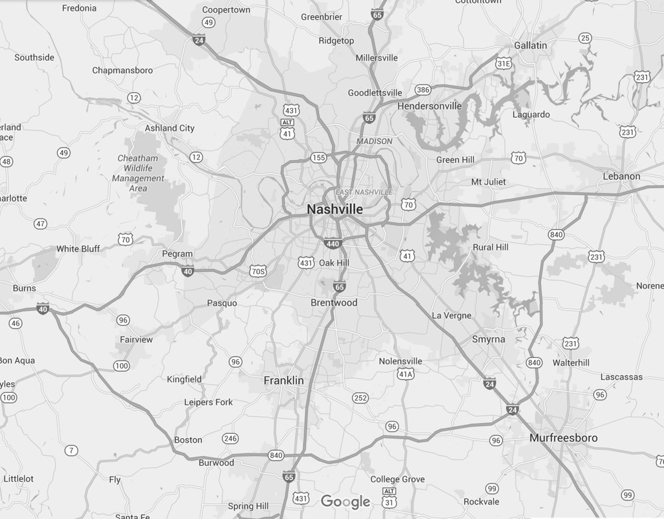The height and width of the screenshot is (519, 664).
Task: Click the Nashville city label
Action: coord(335,209)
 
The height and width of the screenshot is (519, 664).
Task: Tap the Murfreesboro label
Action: coord(563,438)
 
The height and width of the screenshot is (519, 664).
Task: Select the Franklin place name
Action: coord(284,380)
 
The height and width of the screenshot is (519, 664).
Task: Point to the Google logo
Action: coord(345,502)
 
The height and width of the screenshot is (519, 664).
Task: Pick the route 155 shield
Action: coord(319,157)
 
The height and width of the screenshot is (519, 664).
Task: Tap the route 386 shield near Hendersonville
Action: coord(423,90)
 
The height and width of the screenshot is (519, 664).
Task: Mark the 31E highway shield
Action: coord(504,64)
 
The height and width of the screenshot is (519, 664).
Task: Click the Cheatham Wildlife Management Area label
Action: coord(138,173)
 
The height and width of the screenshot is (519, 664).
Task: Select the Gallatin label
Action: coord(531,45)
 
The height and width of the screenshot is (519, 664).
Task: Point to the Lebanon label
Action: coord(622,176)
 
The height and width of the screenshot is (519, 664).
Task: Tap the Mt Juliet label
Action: coord(488,182)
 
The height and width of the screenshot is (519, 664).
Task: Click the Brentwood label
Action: coord(334,303)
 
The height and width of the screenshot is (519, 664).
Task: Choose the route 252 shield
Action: coord(360,398)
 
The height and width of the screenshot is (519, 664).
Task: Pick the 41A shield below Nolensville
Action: coord(406,374)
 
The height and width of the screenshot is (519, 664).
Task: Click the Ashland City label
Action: coord(169,128)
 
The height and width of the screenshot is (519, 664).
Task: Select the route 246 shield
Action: coord(230,439)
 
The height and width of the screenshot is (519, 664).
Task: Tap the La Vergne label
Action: coord(452,315)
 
